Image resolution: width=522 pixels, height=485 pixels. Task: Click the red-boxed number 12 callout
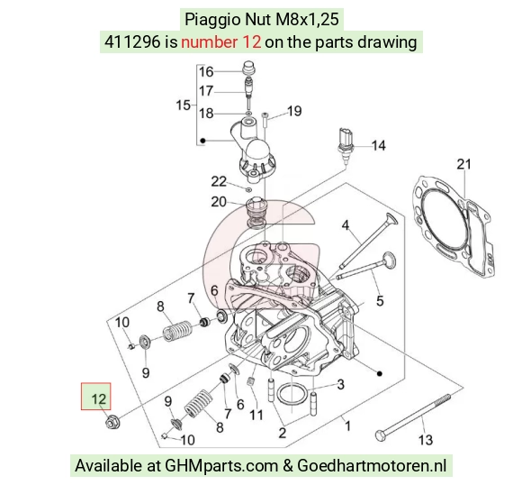pos(96,397)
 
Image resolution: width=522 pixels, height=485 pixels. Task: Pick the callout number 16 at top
pos(206,72)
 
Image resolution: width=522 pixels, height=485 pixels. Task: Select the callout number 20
pos(219,202)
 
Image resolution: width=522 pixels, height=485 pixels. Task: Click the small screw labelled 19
pos(265,120)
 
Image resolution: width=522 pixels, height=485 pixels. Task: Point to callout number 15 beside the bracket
pos(183,105)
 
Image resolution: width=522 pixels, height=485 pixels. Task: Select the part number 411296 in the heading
pos(131,42)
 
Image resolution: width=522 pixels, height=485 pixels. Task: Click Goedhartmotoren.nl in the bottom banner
pos(371,465)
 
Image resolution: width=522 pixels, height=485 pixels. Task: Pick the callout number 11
pos(256,415)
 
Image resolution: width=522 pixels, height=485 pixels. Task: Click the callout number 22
pos(219,181)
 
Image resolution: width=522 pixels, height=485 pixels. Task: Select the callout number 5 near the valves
pos(380,301)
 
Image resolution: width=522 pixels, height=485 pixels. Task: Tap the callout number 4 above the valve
pos(346,225)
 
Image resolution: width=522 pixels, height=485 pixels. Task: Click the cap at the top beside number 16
pos(248,68)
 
